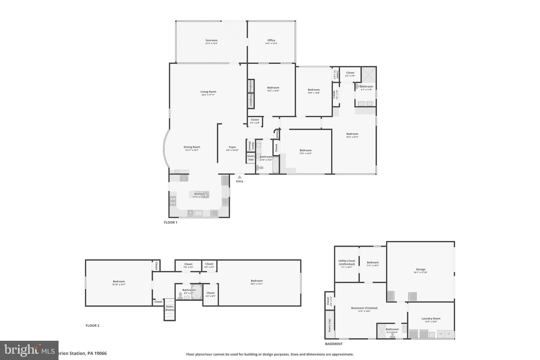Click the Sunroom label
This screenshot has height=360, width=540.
coord(211,40)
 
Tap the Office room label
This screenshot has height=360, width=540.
coord(271,40)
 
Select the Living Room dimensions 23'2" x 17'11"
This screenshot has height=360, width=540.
coord(208,95)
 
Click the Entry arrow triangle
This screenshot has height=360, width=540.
coord(239,177)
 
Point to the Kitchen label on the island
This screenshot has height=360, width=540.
coord(199,194)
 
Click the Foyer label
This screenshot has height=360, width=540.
coord(232,147)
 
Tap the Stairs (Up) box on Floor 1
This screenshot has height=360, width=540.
coord(251,158)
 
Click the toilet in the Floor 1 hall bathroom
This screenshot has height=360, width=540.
coord(260,167)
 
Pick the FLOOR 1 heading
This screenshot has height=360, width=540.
coord(171,223)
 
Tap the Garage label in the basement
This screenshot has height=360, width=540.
coord(421,269)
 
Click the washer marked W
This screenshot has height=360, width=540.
coord(441,334)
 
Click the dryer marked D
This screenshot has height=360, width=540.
coord(449,334)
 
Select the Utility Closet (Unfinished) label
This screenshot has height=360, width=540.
coord(347,262)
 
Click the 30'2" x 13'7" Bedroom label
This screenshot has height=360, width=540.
coord(257,281)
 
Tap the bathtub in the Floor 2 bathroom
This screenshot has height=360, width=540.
coord(196,292)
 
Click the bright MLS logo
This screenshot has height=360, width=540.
coord(29,350)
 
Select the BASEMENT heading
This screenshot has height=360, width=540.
coord(334,344)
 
